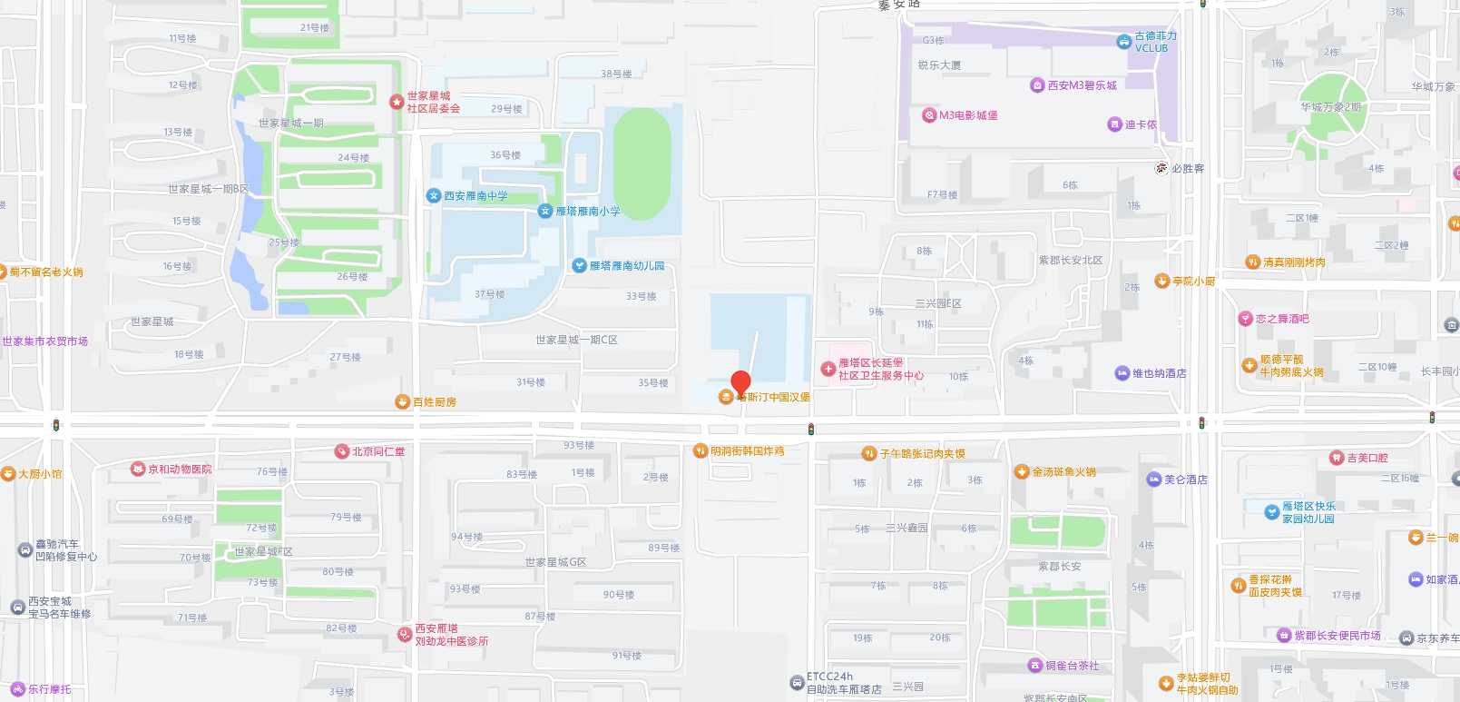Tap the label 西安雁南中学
pos(475,196)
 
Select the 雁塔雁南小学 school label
pos(588,212)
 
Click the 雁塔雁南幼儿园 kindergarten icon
pos(580,266)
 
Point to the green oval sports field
pos(642,163)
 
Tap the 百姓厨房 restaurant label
pos(435,402)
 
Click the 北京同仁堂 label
pos(378,451)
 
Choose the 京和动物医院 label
pos(180,470)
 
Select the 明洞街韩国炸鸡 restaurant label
pos(747,451)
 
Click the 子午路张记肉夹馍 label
pos(922,454)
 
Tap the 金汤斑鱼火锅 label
pos(1063,472)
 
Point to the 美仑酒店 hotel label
pos(1185,480)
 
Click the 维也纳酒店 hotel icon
pos(1122,373)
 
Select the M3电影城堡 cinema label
pos(968,115)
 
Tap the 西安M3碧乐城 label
pos(1082,85)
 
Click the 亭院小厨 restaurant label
pos(1193,282)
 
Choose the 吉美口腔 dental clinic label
pos(1367,458)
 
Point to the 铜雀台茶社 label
pos(1072,666)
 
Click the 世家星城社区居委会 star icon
pos(397,102)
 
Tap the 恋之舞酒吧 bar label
pos(1281,319)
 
